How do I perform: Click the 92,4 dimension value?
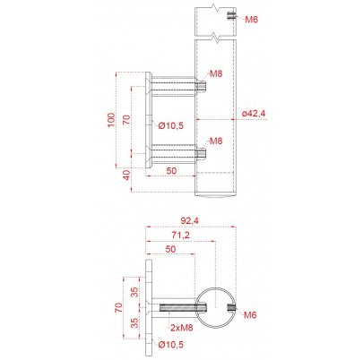click(x=189, y=220)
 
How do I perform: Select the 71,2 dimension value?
click(x=180, y=235)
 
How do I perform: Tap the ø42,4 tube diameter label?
click(x=254, y=114)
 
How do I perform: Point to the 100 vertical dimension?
click(x=111, y=120)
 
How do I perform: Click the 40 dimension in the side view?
click(x=126, y=176)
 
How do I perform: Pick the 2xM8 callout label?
click(x=182, y=328)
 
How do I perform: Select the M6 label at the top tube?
click(x=251, y=20)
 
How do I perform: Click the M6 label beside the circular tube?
click(x=250, y=315)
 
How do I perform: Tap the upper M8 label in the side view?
click(x=216, y=73)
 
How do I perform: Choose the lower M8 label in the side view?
click(x=216, y=141)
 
